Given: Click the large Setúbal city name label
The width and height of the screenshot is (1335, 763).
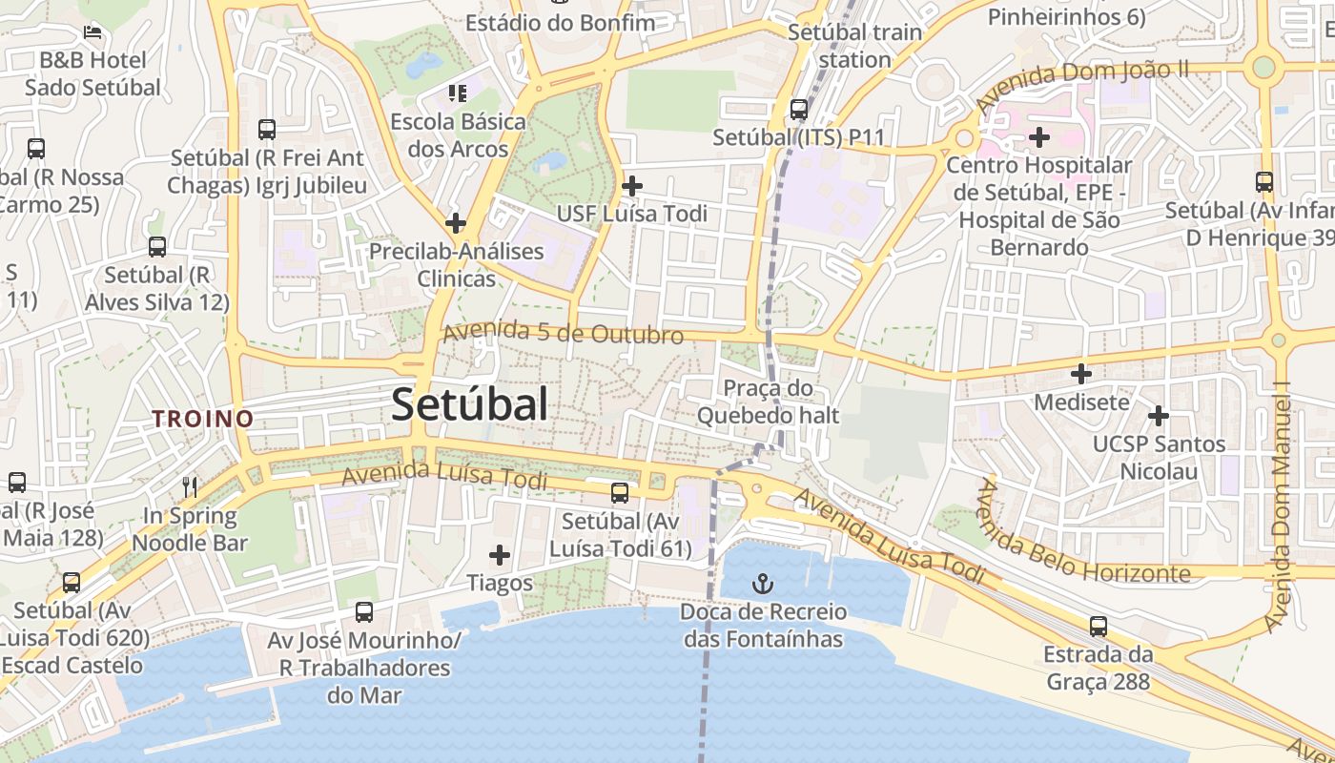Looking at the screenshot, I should click(470, 404).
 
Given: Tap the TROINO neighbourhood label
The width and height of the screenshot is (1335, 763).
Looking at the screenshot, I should click(203, 419).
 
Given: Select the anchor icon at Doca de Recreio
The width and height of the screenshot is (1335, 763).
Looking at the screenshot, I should click(762, 583).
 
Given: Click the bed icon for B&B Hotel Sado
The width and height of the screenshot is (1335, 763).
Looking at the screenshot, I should click(92, 32).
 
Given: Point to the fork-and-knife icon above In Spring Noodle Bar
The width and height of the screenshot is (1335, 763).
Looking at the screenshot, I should click(190, 487).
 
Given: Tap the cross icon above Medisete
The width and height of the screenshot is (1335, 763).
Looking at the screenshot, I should click(1080, 374).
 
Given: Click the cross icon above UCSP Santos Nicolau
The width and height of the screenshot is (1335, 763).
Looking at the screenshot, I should click(1159, 416).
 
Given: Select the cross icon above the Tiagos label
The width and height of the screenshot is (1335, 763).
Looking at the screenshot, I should click(499, 554).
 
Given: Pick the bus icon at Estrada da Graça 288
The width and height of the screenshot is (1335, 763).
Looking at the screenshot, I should click(1099, 627).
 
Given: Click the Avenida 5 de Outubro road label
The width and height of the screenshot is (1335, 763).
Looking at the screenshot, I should click(564, 334).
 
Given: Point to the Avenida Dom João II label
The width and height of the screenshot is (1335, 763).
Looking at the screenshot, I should click(1082, 84).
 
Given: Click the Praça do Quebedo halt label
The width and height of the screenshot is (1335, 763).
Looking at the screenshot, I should click(768, 402).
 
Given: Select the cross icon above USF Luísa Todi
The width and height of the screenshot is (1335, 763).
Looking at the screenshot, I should click(631, 185).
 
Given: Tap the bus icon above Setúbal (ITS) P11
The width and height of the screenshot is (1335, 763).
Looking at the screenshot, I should click(799, 110).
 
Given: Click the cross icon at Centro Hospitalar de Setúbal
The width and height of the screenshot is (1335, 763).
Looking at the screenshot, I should click(1039, 137).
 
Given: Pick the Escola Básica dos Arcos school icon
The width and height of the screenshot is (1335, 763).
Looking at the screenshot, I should click(458, 93).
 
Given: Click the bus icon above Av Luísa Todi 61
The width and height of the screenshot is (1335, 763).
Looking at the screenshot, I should click(620, 493).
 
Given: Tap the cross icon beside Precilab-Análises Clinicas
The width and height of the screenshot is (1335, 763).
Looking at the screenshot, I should click(456, 223).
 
